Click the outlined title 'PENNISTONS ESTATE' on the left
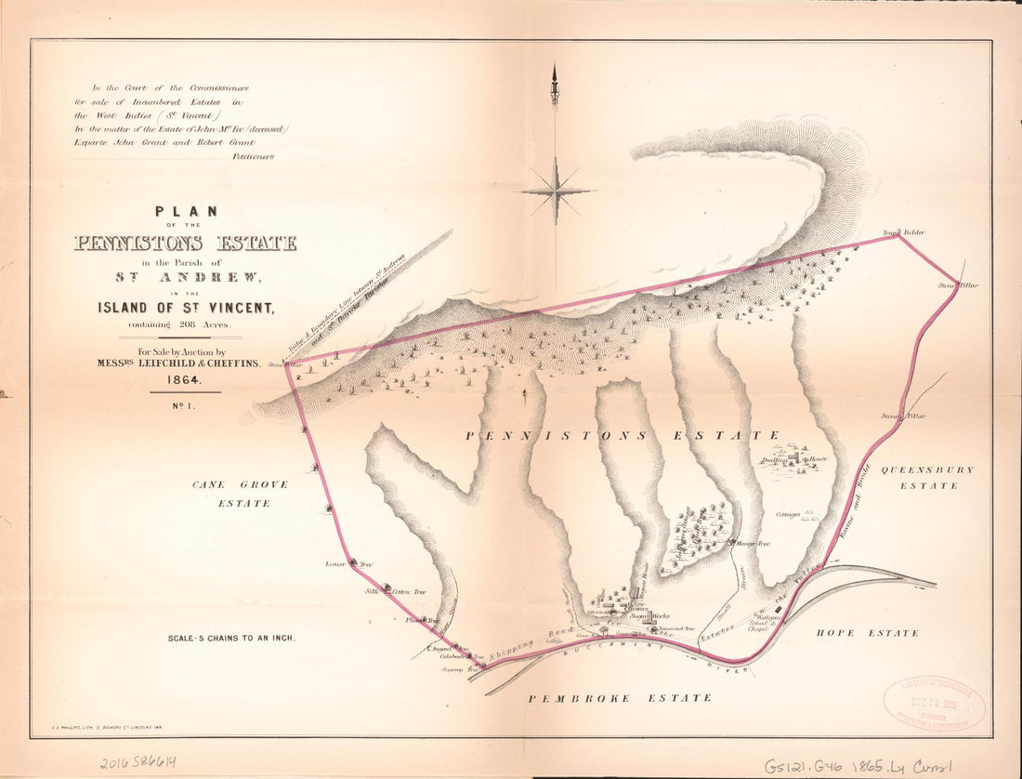point(185,244)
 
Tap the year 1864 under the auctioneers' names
point(185,379)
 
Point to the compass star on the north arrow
point(556,191)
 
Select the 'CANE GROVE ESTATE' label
point(240,494)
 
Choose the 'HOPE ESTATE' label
point(867,633)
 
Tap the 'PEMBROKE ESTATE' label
point(620,697)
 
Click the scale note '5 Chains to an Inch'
point(230,639)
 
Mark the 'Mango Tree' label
point(753,544)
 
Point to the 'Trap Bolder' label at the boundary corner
point(904,231)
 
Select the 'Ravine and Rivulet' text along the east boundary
point(853,501)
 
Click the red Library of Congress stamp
point(934,702)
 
